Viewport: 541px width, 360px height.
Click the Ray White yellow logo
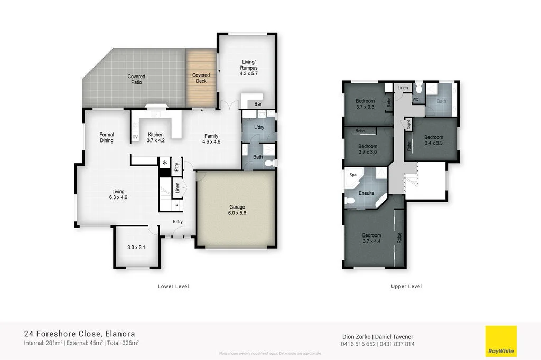click(501, 341)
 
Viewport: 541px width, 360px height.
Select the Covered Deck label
click(201, 78)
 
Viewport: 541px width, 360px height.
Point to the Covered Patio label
click(136, 80)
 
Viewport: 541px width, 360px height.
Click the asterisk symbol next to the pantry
click(165, 164)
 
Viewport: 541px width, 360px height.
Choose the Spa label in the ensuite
click(352, 174)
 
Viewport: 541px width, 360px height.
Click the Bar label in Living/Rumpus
click(258, 105)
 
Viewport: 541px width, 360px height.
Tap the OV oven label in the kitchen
click(135, 137)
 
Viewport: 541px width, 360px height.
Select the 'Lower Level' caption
click(173, 287)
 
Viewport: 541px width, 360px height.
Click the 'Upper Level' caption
click(406, 287)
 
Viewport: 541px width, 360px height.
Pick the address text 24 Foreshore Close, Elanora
click(80, 334)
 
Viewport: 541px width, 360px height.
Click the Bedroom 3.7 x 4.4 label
click(371, 239)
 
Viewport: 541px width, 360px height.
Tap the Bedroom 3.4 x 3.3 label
click(433, 140)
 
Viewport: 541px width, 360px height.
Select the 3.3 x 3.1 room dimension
click(136, 247)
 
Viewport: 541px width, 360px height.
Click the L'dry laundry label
click(259, 128)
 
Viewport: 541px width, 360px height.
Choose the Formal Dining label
click(107, 138)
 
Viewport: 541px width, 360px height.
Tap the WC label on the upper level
click(416, 99)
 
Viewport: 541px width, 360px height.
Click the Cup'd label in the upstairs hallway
click(408, 125)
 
